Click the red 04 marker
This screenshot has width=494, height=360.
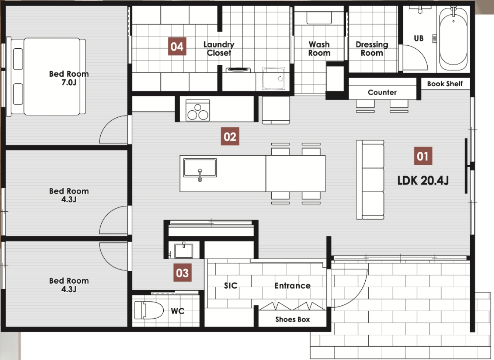tap(177, 46)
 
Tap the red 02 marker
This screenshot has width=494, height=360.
tap(230, 136)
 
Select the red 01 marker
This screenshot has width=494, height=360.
tap(423, 156)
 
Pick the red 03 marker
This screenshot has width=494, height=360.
tap(182, 273)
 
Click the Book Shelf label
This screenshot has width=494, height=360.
tap(445, 84)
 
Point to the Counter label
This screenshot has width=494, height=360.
tap(382, 93)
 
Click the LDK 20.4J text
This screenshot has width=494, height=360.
tap(423, 181)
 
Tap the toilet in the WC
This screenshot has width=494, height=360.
tap(149, 310)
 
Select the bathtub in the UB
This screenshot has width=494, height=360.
tap(453, 39)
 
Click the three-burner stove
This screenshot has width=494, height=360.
tap(198, 110)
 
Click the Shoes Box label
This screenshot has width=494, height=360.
tap(292, 319)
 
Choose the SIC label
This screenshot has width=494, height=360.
tap(230, 285)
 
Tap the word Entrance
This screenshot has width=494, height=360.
tap(292, 285)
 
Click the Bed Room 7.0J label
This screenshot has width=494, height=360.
tap(69, 78)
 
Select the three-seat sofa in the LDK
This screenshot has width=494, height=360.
tap(370, 180)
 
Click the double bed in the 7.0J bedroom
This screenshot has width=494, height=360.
tap(46, 77)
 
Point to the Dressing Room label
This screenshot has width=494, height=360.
tap(372, 49)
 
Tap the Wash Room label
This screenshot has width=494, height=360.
tap(319, 49)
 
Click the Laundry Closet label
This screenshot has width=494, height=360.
tap(219, 49)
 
